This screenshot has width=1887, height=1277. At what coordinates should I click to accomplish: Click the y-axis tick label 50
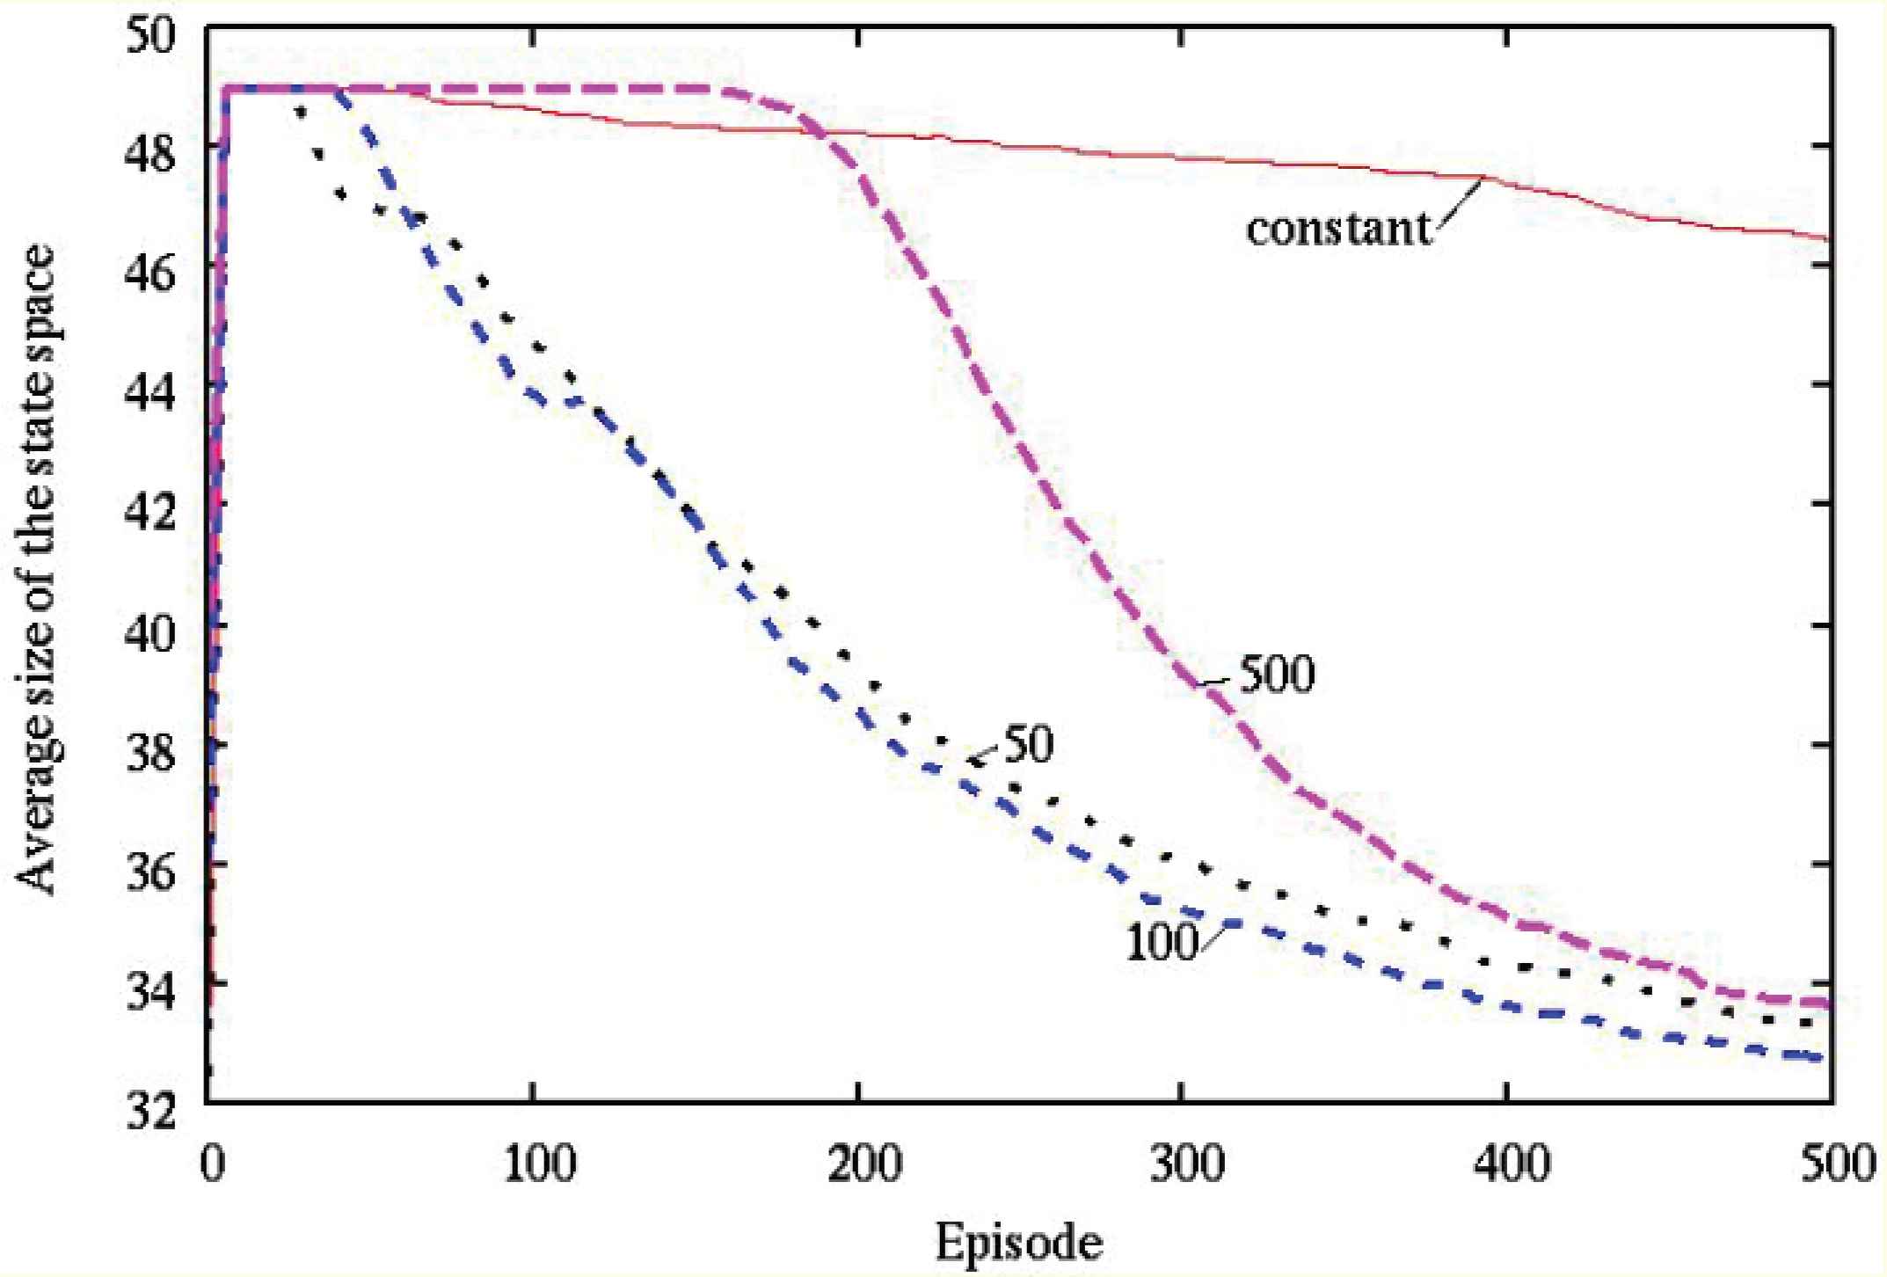point(151,38)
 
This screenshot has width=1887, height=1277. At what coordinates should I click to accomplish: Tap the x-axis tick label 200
point(858,1163)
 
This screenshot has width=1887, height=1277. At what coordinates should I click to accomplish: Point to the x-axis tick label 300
point(1183,1163)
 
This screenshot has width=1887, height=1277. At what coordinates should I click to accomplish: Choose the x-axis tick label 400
point(1507,1163)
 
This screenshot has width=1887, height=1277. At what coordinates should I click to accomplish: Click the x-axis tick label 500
point(1832,1163)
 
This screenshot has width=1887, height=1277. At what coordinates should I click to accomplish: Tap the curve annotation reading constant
point(1338,229)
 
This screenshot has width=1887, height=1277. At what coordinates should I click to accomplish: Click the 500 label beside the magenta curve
point(1277,675)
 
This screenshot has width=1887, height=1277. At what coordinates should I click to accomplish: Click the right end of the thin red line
point(1829,238)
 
